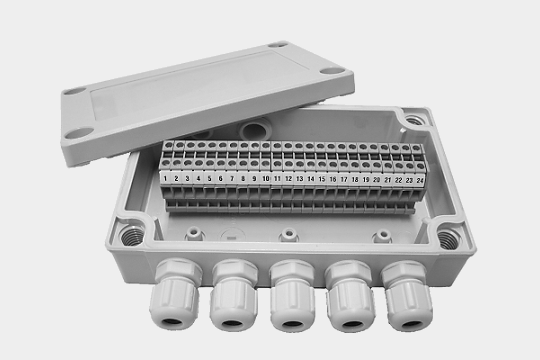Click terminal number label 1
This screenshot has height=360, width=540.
tap(165, 178)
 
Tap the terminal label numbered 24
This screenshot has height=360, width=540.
tap(420, 180)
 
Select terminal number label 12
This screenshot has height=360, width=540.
tap(289, 178)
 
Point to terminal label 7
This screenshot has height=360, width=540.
tap(232, 178)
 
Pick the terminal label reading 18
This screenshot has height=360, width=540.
tap(355, 179)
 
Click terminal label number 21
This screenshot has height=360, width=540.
tap(388, 179)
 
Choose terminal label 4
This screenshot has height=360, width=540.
tap(198, 178)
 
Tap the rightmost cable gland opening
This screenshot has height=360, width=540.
tap(411, 324)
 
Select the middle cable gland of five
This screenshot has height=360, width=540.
tap(292, 295)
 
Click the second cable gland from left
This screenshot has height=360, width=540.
tap(233, 295)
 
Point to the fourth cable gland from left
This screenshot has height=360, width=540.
tap(351, 296)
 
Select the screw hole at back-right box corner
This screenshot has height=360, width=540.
tap(413, 120)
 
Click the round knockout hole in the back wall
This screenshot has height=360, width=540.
tap(254, 131)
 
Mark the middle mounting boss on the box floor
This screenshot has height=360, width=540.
tap(289, 235)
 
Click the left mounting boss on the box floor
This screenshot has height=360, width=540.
tap(194, 234)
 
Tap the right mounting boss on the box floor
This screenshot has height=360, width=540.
tap(382, 236)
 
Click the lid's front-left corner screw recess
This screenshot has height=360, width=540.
tap(79, 133)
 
